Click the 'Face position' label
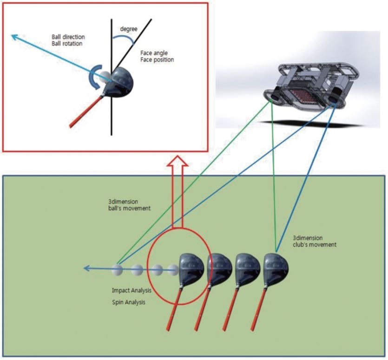[x=154, y=61]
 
